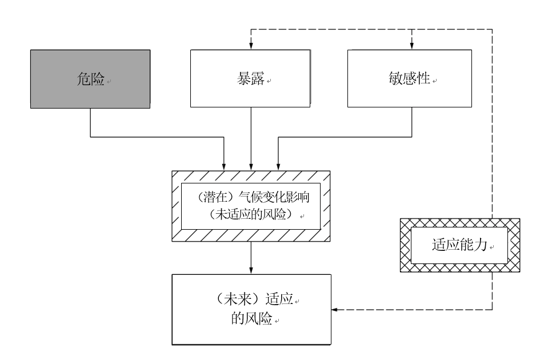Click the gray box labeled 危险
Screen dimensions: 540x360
click(90, 79)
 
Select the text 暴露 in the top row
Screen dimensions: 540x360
click(250, 78)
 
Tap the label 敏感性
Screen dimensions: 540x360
click(410, 78)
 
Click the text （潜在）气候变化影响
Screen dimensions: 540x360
click(253, 197)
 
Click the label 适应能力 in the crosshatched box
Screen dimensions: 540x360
click(460, 245)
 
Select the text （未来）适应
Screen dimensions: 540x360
click(254, 299)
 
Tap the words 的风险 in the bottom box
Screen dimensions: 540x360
click(252, 319)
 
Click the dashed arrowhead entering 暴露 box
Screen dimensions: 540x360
click(251, 46)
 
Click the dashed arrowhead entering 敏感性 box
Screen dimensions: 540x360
click(412, 46)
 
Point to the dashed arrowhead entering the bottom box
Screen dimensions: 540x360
click(335, 310)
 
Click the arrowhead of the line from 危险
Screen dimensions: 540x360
click(224, 167)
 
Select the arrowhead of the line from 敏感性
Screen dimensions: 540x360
click(278, 167)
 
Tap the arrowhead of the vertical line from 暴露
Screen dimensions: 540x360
click(251, 167)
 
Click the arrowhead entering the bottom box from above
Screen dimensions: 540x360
click(251, 270)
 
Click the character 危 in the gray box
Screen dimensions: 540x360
click(83, 79)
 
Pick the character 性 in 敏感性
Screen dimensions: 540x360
click(423, 78)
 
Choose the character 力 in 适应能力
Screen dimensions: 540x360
click(481, 245)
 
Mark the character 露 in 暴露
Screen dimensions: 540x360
click(258, 78)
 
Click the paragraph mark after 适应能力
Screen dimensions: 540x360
click(492, 247)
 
